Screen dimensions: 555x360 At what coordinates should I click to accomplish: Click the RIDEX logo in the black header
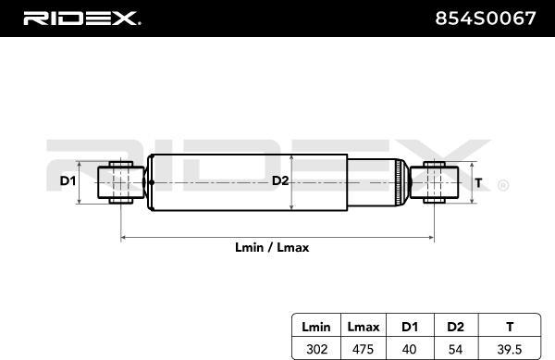[82, 19]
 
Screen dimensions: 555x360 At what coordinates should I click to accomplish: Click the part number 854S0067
[486, 19]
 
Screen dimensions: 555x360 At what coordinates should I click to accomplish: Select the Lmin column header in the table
[316, 327]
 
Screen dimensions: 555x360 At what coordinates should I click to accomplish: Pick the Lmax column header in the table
[364, 327]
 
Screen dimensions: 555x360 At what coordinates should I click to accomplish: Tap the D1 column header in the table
[410, 327]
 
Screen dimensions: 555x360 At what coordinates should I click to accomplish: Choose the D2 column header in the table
[455, 327]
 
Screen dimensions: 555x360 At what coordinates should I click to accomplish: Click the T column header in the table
[510, 327]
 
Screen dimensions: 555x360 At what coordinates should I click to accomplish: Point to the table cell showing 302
[316, 350]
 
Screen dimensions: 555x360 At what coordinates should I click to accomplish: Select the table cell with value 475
[363, 350]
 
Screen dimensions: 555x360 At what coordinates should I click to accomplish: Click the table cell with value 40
[409, 350]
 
